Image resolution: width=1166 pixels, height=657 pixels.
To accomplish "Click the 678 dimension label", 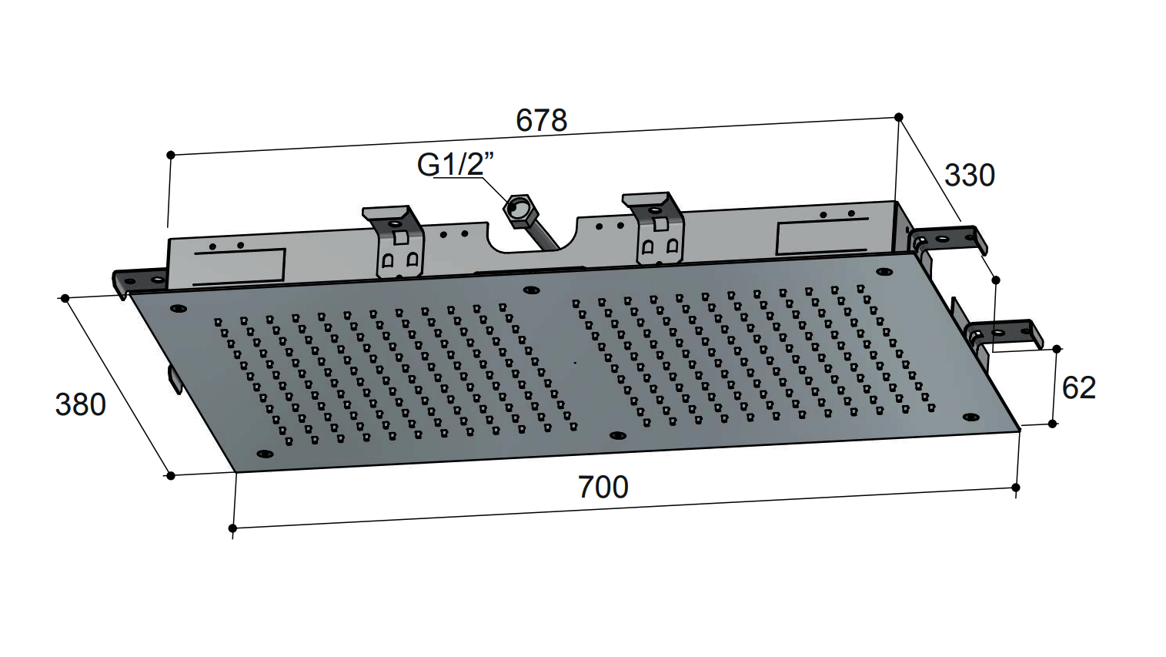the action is point(541,120).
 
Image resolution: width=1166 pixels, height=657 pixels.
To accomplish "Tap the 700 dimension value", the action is point(603,487).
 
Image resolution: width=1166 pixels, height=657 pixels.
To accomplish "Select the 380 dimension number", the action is point(81,405).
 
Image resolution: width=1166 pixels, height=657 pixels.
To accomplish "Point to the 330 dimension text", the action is point(970,176).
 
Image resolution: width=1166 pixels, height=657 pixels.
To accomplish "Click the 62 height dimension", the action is point(1078,387).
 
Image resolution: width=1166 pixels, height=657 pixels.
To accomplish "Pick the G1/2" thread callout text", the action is point(455,165).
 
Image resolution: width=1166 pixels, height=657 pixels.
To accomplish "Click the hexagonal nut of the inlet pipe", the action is point(515,210).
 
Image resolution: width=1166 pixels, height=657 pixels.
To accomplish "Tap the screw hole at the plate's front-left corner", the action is point(265,454).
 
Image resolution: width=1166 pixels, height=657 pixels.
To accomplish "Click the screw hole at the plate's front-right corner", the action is point(971,416).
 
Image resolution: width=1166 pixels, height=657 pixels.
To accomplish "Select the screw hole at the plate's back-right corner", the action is point(884,271).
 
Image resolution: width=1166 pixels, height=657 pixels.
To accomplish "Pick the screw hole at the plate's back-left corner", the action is point(179,308).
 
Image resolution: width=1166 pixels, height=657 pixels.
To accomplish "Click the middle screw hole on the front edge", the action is point(617,435).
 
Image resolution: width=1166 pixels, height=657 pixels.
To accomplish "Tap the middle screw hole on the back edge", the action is point(531,290).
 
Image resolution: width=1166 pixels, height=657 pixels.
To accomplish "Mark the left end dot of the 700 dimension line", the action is point(232,528).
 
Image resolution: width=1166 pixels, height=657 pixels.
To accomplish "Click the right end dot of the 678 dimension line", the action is point(898,117).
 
